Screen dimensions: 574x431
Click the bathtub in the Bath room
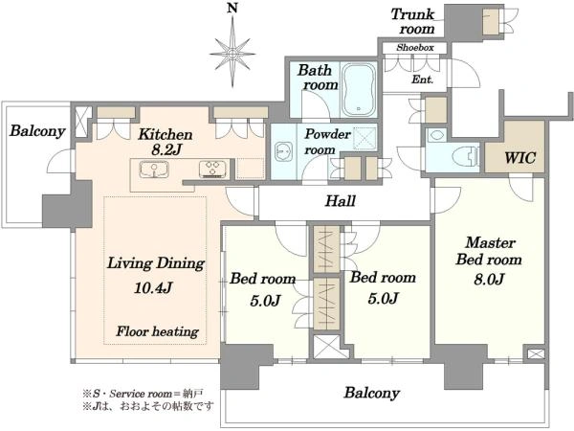(x=359, y=90)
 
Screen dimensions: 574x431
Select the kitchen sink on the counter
(x=154, y=170)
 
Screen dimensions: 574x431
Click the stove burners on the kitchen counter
(x=213, y=170)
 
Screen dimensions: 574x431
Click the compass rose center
(x=232, y=54)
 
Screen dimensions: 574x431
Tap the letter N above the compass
(x=232, y=8)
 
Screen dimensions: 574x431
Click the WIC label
(x=519, y=158)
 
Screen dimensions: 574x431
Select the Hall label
(x=341, y=201)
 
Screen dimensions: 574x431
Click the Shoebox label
(x=415, y=47)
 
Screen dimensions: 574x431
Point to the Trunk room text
(x=413, y=21)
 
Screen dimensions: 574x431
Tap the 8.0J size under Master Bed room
(x=489, y=280)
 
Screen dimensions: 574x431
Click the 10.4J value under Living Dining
(x=153, y=288)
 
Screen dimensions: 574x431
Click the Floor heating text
(x=158, y=331)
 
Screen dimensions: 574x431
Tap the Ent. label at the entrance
(x=423, y=79)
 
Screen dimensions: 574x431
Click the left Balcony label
(x=37, y=131)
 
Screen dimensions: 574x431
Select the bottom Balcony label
(x=371, y=393)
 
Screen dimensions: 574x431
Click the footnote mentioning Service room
(x=143, y=394)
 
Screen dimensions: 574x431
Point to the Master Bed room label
(x=489, y=251)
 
